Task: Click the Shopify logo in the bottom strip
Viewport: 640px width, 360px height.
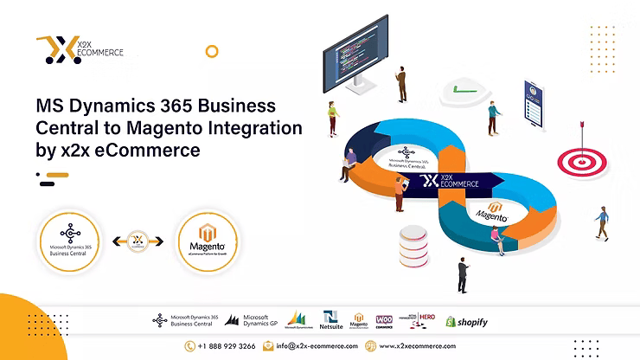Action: click(x=466, y=322)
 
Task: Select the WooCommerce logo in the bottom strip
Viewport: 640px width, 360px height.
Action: click(x=384, y=320)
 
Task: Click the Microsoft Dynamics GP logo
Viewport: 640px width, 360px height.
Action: click(x=251, y=320)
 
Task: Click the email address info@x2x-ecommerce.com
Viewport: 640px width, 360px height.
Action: click(x=310, y=346)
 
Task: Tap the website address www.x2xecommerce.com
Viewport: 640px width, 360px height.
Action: click(x=412, y=346)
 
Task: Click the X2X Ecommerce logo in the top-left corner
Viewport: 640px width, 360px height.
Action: click(x=80, y=50)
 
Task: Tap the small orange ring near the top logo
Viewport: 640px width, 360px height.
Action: click(x=211, y=52)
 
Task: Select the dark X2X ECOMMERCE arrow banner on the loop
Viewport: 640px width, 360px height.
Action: click(x=450, y=182)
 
